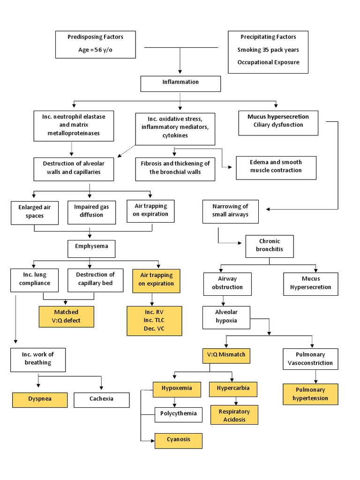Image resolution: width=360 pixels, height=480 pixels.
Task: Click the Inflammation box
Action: coord(180,82)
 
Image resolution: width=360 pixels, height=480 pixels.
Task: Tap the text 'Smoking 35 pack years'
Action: coord(268,50)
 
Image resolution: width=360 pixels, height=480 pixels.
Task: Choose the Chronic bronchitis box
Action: coord(269,246)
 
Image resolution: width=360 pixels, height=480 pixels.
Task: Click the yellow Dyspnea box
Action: coord(40,399)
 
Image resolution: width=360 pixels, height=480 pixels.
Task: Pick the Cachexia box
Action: coord(102,399)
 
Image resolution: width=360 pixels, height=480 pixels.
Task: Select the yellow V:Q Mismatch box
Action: coord(226,355)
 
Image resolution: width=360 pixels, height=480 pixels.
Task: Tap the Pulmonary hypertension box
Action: coord(310,394)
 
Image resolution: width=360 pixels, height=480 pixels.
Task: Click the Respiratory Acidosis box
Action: coord(234,415)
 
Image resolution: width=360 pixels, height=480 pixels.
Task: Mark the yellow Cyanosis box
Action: coord(179,440)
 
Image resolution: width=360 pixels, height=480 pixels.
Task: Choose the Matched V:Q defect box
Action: coord(66,316)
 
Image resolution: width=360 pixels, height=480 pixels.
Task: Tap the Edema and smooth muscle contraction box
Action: coord(276,167)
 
